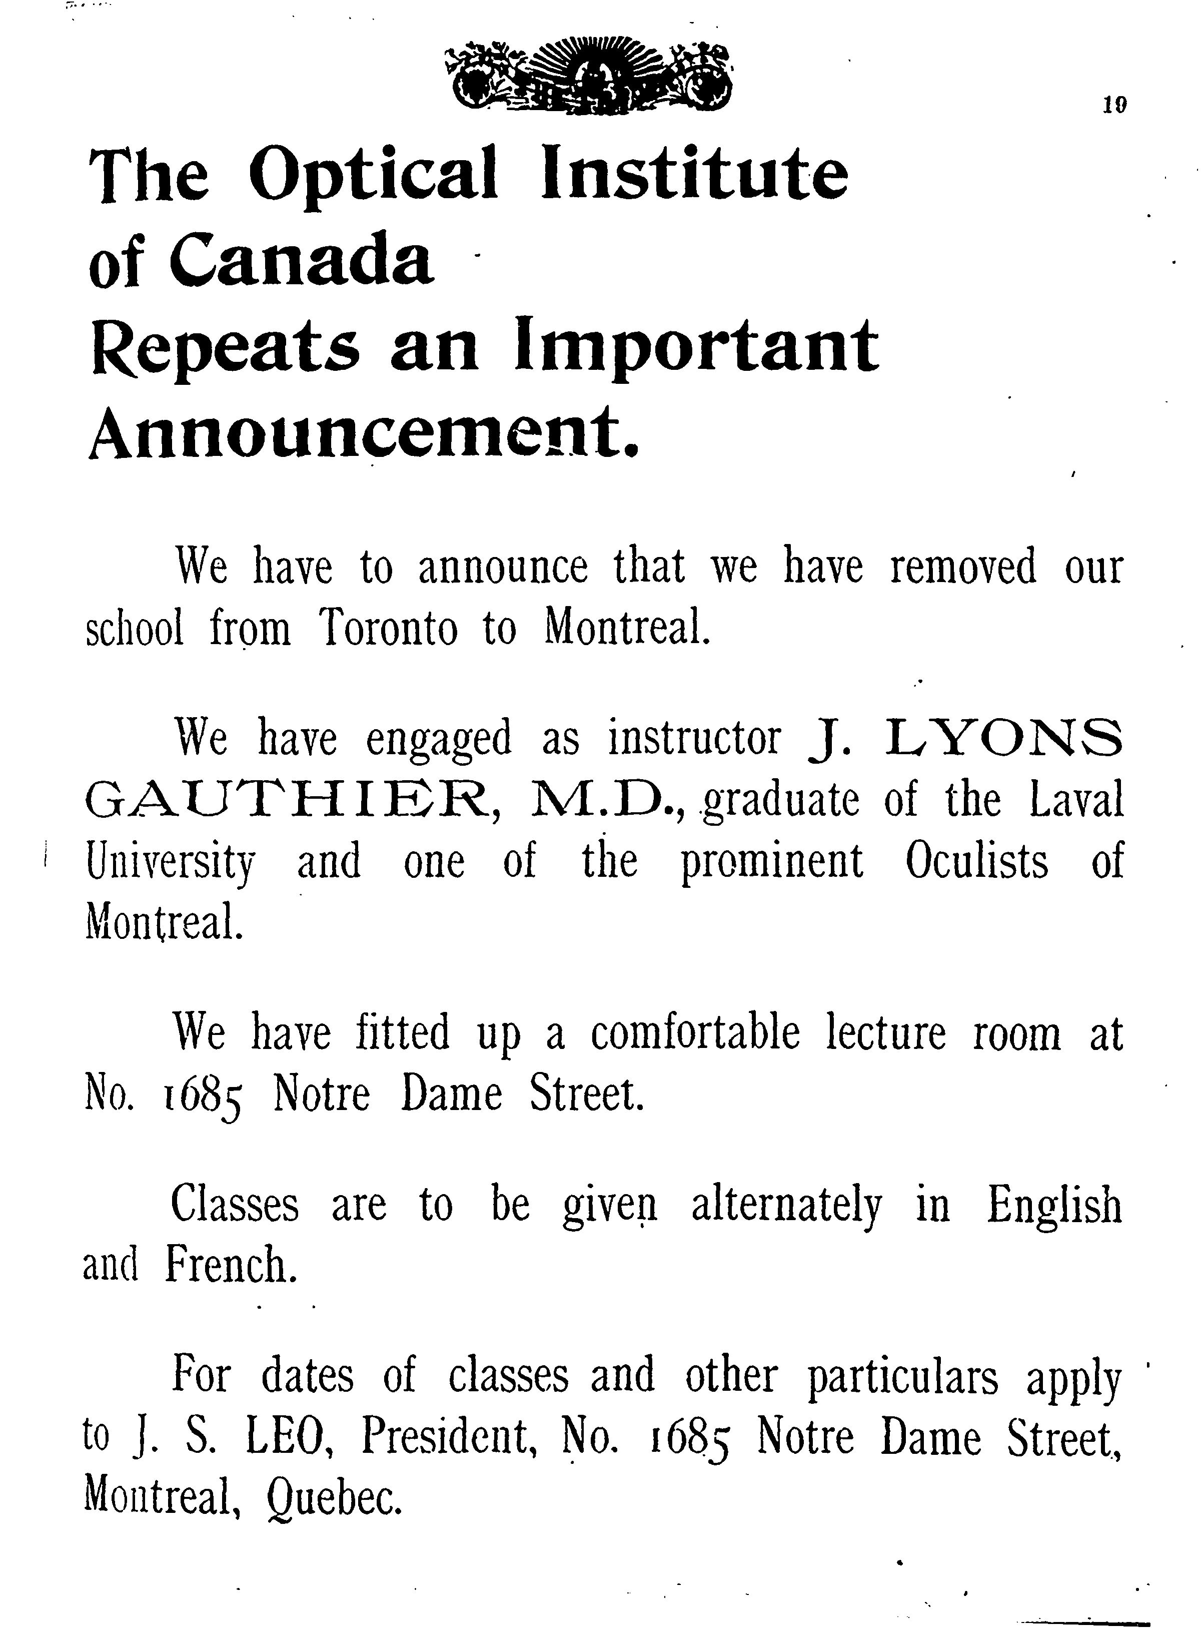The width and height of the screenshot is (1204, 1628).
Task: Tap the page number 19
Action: click(x=1114, y=105)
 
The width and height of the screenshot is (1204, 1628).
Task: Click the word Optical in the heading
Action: click(x=373, y=175)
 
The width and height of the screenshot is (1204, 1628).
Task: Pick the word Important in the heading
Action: click(x=696, y=346)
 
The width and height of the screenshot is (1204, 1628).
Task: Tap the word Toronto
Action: click(x=389, y=627)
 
